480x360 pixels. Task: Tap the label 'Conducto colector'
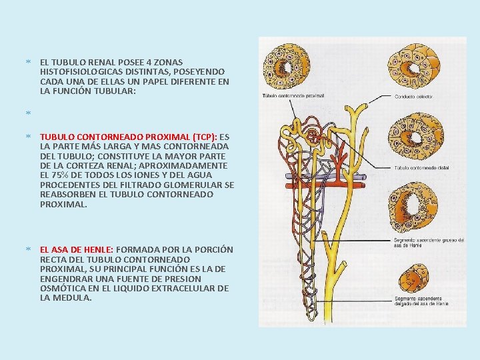(413, 97)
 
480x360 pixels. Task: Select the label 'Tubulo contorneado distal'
(421, 167)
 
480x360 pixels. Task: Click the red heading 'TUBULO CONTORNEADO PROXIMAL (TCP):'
(127, 135)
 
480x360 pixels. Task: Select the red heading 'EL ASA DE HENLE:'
(77, 249)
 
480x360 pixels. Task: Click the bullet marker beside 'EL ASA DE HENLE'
(28, 249)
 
